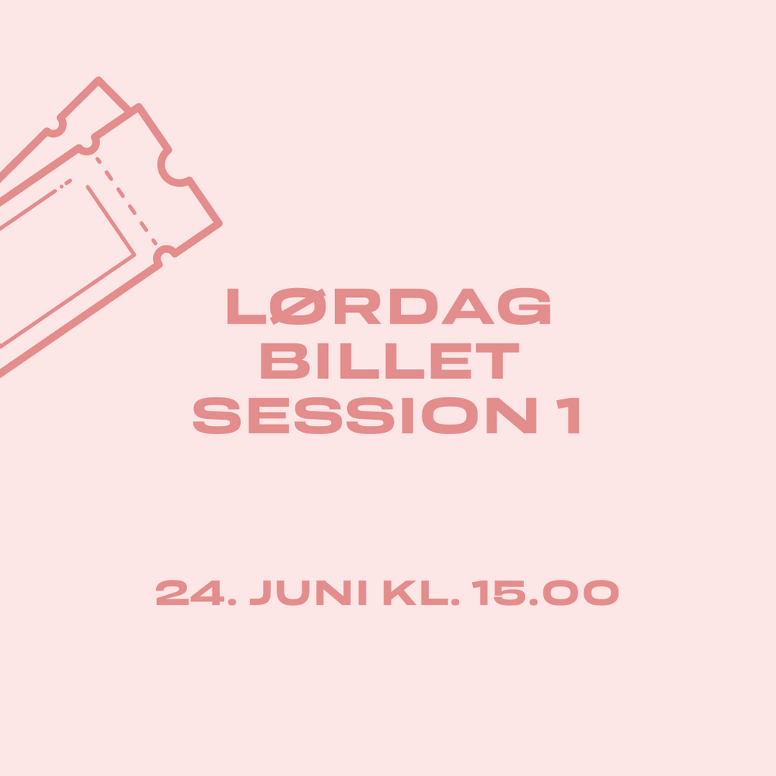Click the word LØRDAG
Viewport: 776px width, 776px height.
point(389,306)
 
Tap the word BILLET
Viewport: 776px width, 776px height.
point(390,361)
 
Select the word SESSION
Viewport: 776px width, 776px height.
point(365,415)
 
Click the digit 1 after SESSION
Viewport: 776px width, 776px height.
point(569,415)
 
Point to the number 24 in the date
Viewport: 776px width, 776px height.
point(190,593)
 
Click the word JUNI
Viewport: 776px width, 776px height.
point(308,593)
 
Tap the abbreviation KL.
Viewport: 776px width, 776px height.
point(421,593)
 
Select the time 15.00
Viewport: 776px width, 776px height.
point(545,593)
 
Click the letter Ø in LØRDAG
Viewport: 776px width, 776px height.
point(298,306)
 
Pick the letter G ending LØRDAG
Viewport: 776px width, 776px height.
point(524,306)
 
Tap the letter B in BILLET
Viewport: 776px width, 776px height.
point(285,361)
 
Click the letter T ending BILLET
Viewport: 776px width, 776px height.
point(497,361)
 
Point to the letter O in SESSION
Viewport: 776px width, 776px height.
point(449,415)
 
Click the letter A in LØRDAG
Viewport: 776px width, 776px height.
point(468,306)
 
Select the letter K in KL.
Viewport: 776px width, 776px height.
point(400,593)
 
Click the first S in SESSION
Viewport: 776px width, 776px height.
point(217,415)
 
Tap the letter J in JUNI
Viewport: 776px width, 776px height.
point(261,593)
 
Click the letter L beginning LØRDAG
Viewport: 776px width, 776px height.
point(246,306)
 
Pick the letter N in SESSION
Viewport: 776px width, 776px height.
point(512,415)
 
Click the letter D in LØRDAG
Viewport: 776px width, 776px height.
point(414,306)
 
